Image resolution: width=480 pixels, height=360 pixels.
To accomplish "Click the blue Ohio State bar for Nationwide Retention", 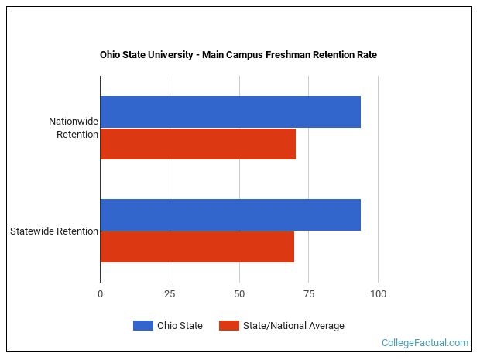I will point(230,111).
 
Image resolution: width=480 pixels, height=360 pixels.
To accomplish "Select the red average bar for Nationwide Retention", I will point(197,144).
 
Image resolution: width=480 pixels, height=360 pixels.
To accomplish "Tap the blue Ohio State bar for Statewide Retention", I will point(230,214).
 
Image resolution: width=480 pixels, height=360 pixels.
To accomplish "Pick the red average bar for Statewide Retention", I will point(197,247).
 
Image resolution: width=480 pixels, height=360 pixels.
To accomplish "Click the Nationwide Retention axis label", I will point(74,128).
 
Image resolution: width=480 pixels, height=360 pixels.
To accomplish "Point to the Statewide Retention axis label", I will point(54,231).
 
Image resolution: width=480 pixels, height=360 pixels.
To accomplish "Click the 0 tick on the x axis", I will point(100,294).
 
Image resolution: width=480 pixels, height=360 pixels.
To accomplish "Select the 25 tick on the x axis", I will point(169,294).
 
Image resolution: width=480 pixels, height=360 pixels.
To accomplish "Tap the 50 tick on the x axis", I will point(238,294).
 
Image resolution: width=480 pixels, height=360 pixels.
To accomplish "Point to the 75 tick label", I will point(308,294).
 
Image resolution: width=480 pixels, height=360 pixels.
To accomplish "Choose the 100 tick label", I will point(378,294).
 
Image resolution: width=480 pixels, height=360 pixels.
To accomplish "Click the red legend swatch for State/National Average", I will point(230,326).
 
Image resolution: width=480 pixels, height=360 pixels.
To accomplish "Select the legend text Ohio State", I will point(181,326).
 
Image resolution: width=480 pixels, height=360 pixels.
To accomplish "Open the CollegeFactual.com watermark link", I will point(424,343).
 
